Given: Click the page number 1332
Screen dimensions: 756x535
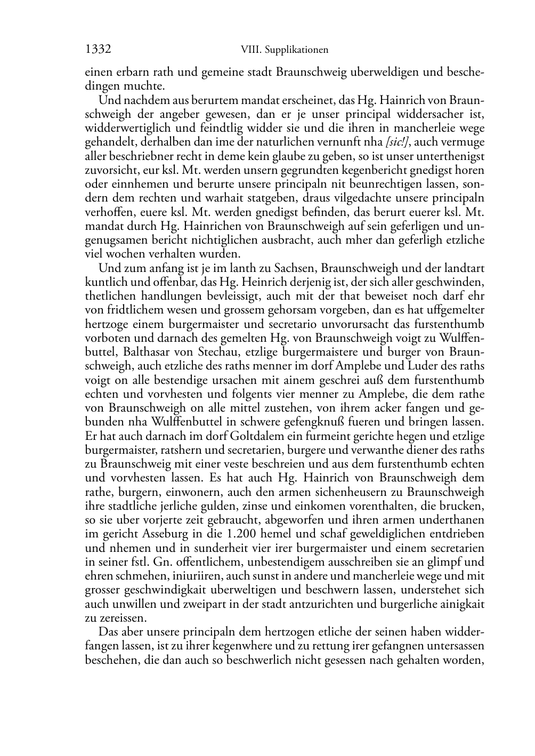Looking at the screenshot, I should tap(98, 50).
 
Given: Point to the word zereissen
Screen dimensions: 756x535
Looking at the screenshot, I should tap(121, 618).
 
